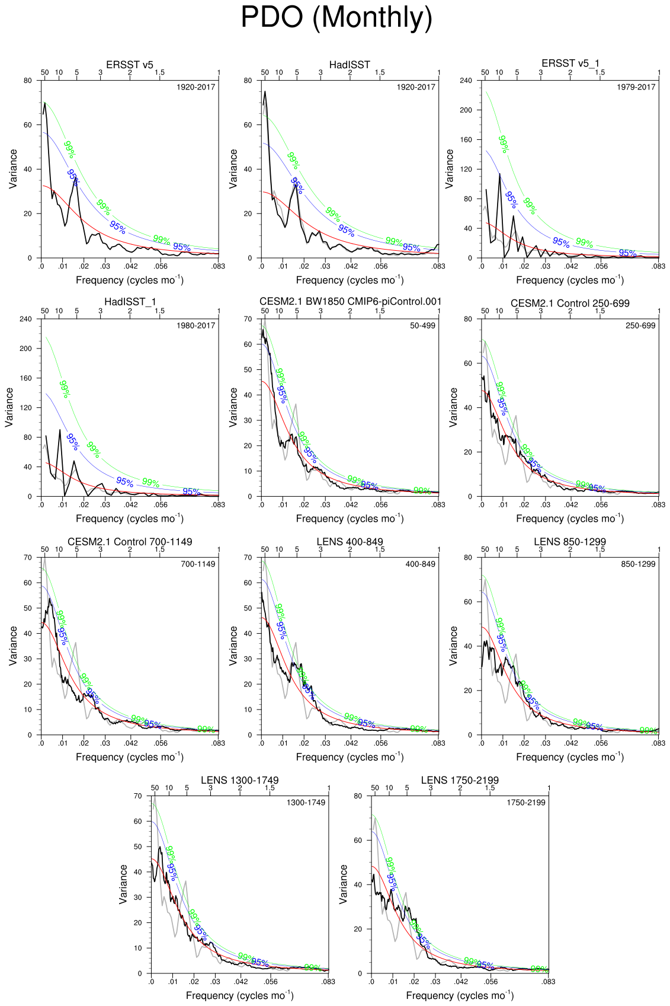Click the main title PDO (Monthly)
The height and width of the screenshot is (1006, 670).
coord(336,18)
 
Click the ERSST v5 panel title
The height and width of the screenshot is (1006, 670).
coord(130,64)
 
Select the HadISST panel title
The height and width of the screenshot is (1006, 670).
coord(350,64)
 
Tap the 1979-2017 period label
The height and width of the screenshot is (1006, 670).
coord(636,87)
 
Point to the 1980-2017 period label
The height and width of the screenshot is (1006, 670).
coord(195,325)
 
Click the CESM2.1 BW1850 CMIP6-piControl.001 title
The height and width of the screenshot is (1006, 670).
coord(350,301)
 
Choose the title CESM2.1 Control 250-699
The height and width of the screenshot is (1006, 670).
coord(570,303)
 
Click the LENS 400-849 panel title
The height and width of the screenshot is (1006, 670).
coord(350,541)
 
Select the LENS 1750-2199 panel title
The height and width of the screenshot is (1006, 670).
coord(460,780)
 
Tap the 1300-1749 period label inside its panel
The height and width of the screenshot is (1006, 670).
coord(306,803)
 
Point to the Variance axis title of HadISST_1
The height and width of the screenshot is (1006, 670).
coord(9,407)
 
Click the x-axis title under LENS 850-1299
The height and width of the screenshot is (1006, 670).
coord(570,756)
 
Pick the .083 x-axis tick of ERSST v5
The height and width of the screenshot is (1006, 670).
coord(219,266)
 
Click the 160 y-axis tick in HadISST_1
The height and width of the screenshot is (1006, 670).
coord(25,378)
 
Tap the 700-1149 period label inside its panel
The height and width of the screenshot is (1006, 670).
coord(198,564)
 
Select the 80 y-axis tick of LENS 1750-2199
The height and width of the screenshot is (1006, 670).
coord(357,796)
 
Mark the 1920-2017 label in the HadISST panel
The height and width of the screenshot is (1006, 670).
coord(416,87)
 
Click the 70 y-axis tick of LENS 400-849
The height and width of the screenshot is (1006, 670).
coord(248,557)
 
